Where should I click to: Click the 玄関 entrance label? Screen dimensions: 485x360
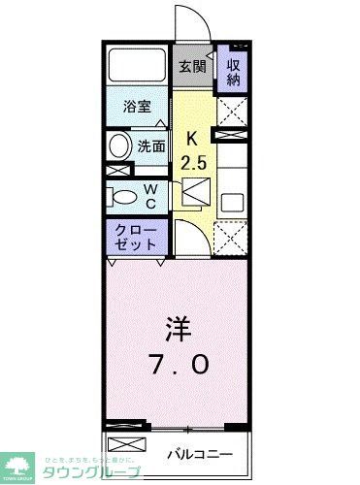point(192,67)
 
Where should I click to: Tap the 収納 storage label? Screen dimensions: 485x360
point(234,73)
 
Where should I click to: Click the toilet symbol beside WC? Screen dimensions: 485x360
point(122,198)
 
